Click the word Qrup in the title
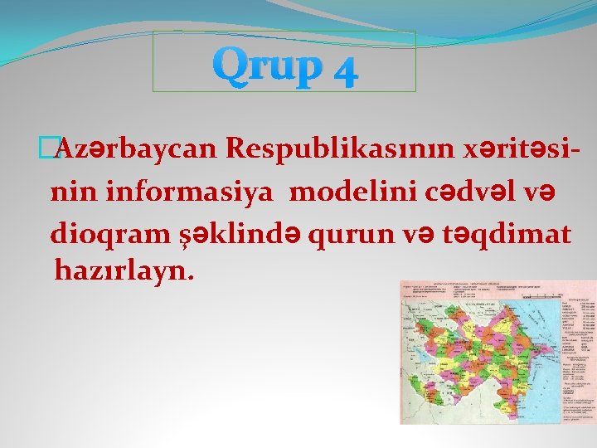[x=265, y=65]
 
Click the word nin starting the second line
[x=67, y=192]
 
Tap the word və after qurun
[x=404, y=235]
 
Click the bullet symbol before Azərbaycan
[x=56, y=149]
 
